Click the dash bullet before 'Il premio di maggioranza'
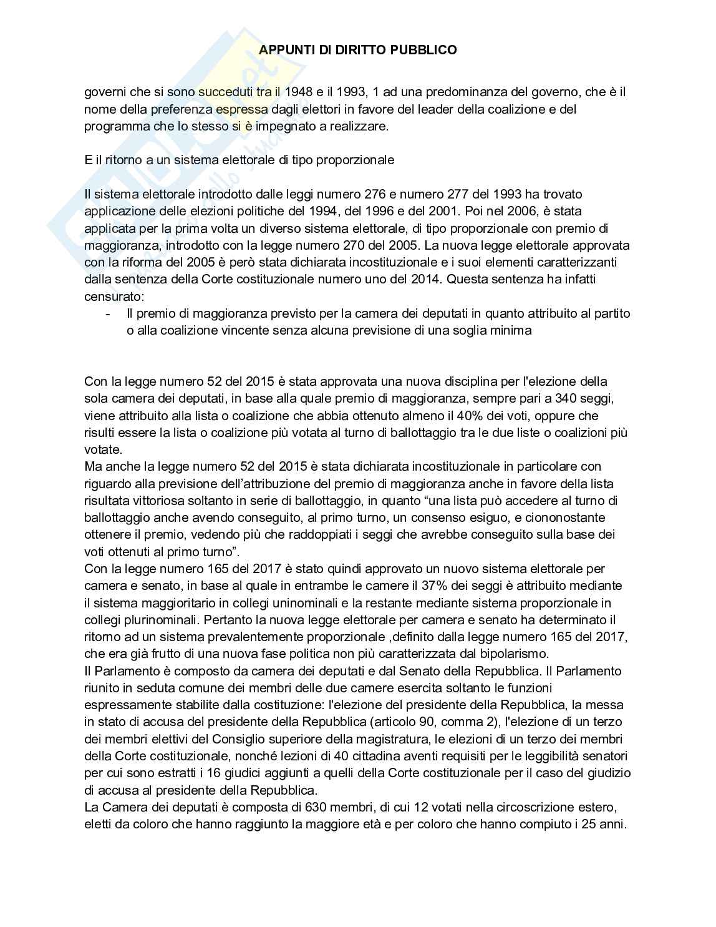[109, 313]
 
